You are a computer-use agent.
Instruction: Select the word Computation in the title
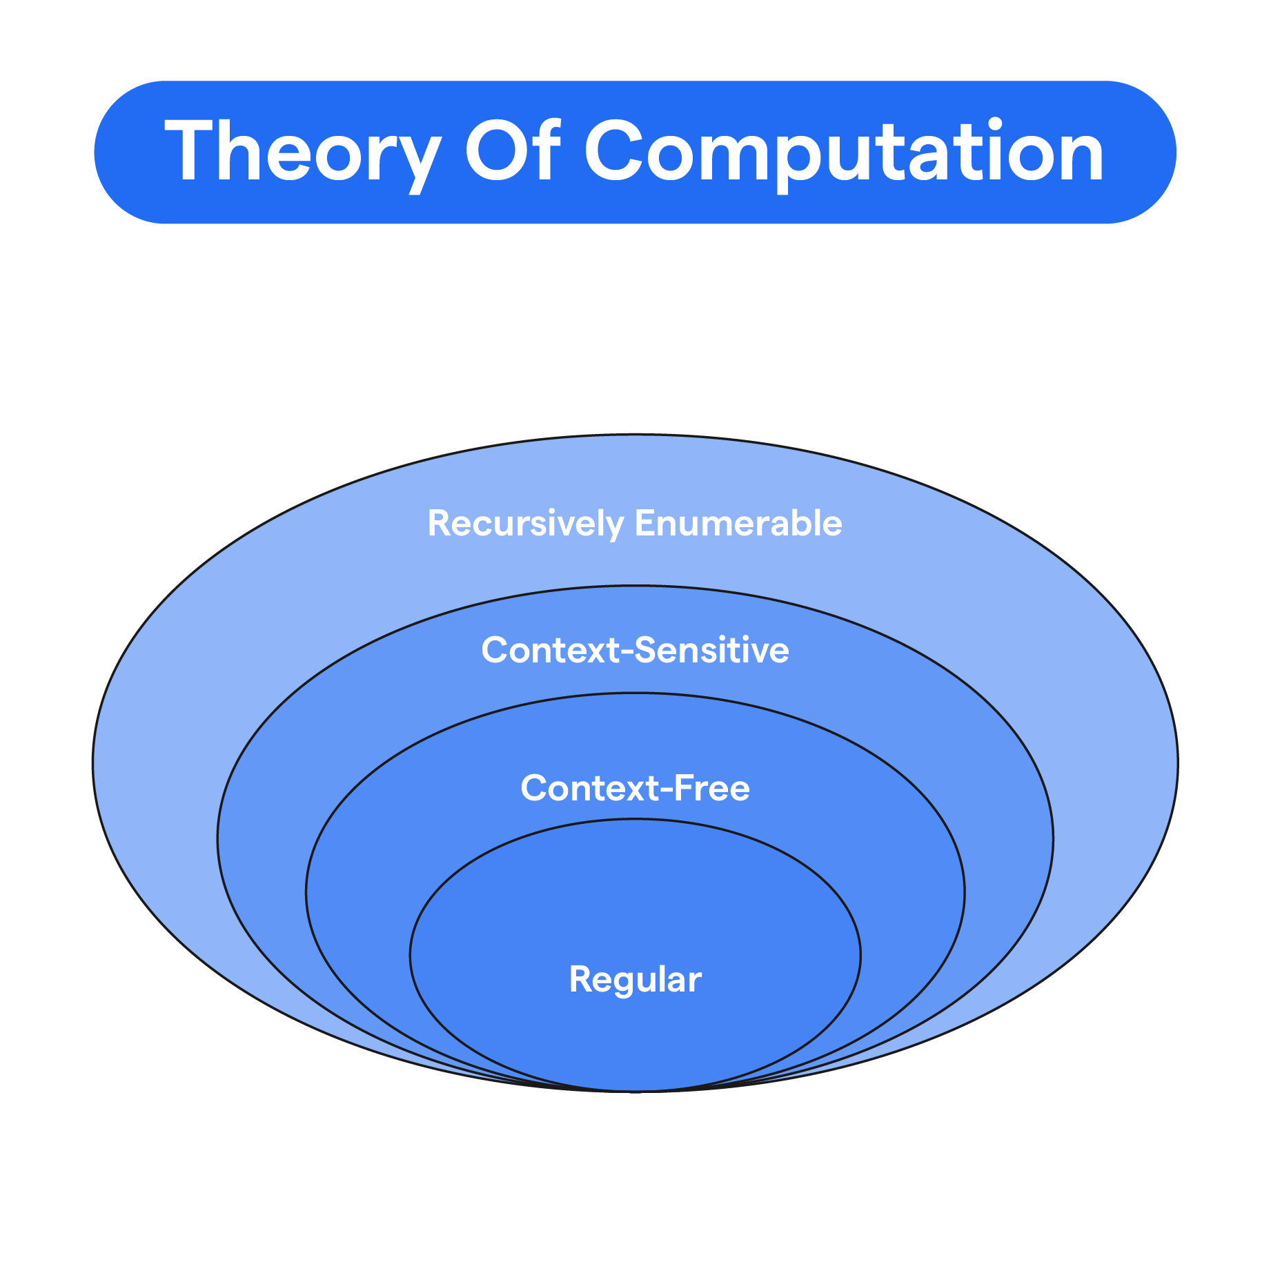pos(845,152)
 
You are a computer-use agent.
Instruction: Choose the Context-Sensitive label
pos(635,651)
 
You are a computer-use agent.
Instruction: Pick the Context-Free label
pos(635,788)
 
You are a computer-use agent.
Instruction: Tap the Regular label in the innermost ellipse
pos(635,980)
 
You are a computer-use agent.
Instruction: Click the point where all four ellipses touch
pos(635,1091)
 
